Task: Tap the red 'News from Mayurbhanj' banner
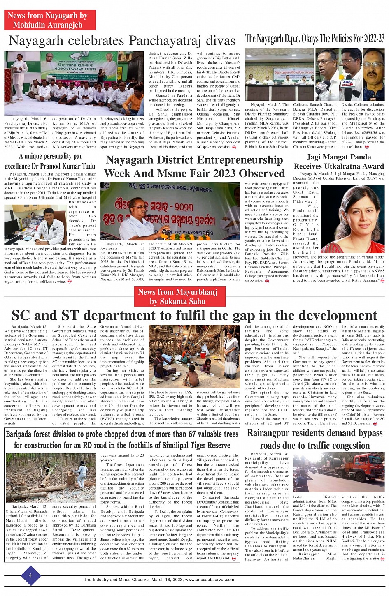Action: tap(177, 296)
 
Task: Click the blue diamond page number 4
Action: tap(30, 575)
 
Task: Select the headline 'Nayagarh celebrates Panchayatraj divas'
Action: tap(122, 41)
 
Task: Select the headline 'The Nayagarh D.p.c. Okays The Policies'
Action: tap(315, 39)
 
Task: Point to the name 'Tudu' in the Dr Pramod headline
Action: tap(88, 166)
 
